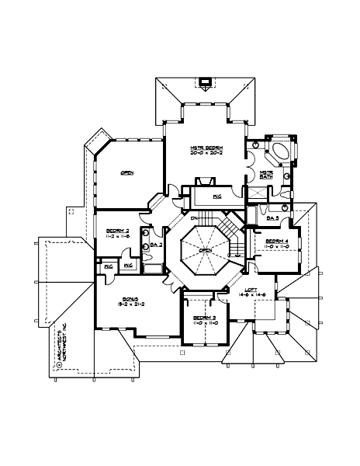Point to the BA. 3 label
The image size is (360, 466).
[272, 218]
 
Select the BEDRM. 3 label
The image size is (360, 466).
[204, 318]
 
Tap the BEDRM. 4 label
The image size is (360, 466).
[276, 242]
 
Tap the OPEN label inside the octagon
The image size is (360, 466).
[205, 250]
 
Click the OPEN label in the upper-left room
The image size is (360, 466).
[126, 173]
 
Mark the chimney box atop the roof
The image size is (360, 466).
[206, 81]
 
